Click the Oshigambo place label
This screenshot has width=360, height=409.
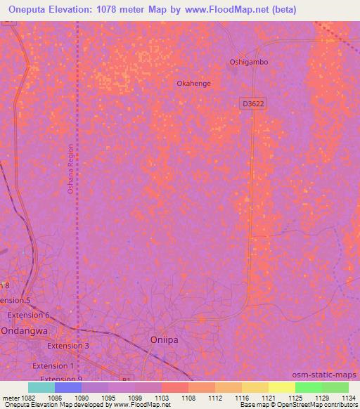coord(249,62)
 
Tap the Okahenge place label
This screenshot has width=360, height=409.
coord(193,83)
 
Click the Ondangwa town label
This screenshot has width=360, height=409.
coord(23,331)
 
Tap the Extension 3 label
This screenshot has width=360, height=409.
coord(67,346)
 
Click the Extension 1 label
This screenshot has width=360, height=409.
coord(53,366)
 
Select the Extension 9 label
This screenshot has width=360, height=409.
coord(61,379)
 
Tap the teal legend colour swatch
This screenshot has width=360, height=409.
coord(41,387)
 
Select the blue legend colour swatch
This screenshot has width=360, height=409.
coord(67,387)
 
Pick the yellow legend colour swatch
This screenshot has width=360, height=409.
coord(281,387)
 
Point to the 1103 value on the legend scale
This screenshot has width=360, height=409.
coord(162,398)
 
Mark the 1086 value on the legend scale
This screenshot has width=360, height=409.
coord(55,398)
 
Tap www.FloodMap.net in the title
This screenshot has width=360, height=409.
coord(228,10)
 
